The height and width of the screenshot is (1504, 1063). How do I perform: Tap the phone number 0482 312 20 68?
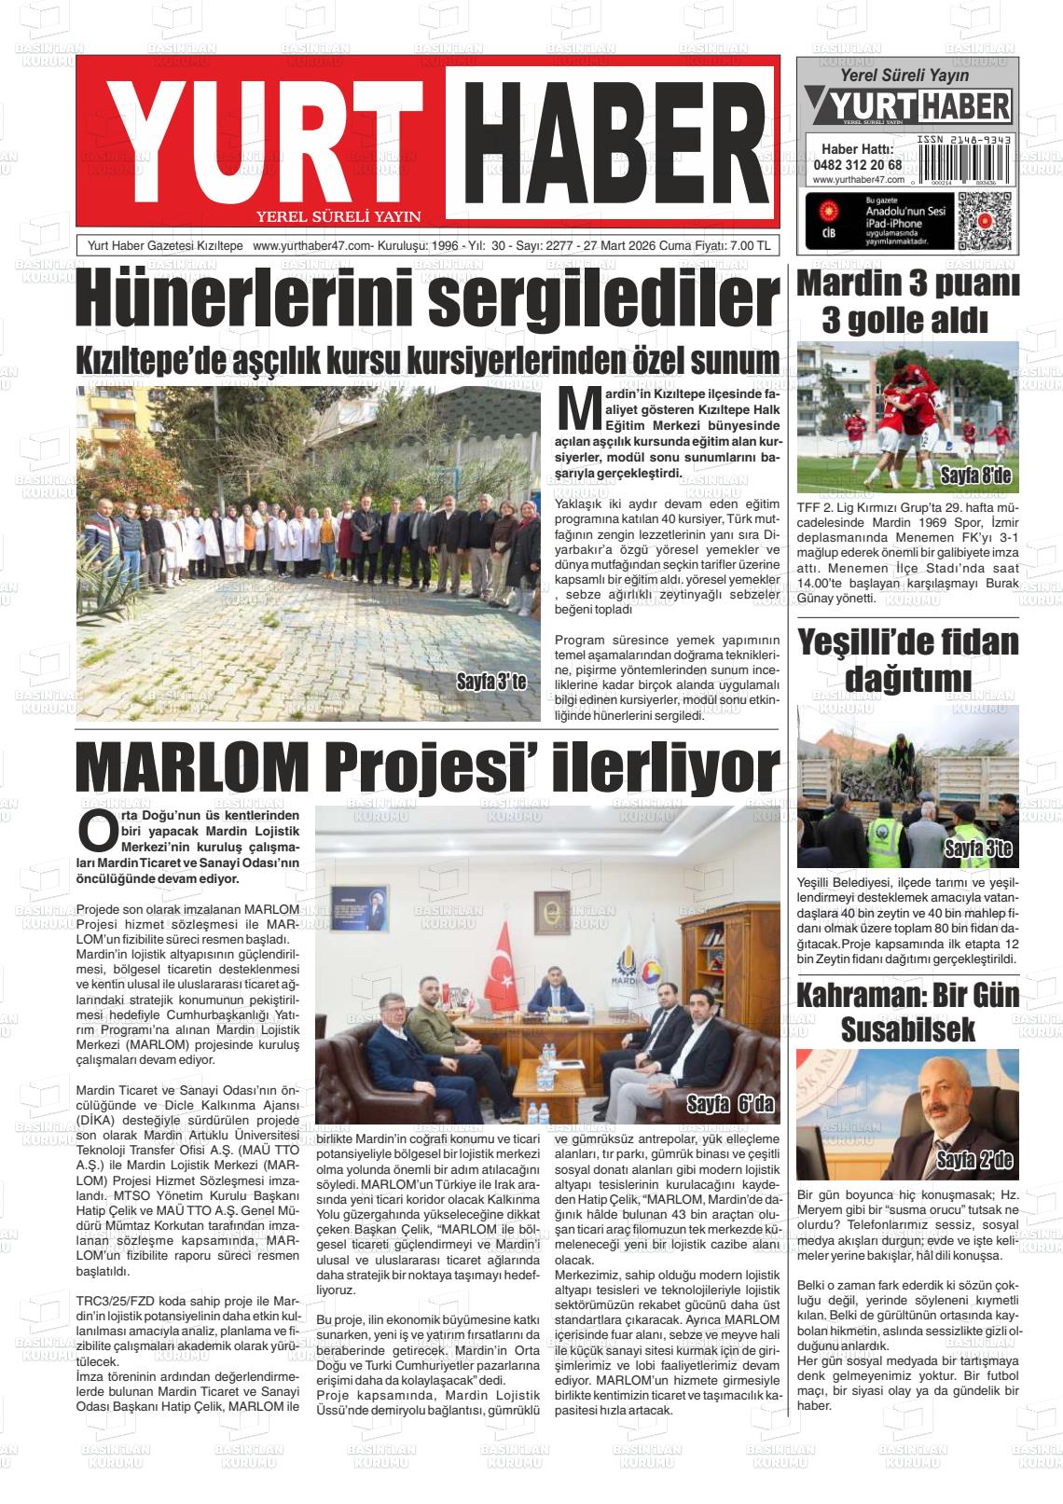click(x=857, y=165)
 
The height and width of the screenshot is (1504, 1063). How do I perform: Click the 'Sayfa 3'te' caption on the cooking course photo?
click(x=491, y=682)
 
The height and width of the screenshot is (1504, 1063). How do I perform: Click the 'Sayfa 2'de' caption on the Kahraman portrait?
click(x=974, y=1161)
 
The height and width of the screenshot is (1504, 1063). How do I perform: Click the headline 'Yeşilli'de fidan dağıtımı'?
click(x=907, y=659)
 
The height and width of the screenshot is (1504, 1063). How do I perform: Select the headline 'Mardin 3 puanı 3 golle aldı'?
click(x=907, y=302)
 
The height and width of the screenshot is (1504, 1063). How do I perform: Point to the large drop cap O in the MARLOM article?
click(x=97, y=832)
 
